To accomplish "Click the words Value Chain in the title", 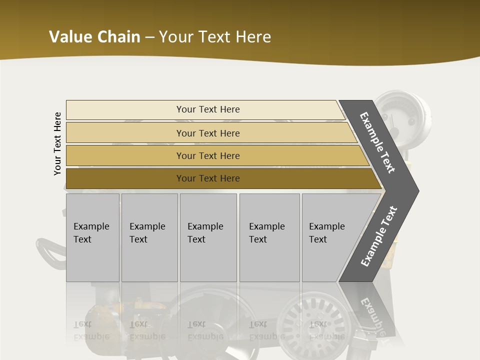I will click(94, 37).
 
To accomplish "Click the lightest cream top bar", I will click(125, 110).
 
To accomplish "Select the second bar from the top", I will click(125, 133).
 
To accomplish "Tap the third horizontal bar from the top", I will click(125, 156).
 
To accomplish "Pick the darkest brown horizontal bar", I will click(125, 178).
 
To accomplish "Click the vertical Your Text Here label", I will click(57, 143).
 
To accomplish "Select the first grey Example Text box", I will click(92, 237).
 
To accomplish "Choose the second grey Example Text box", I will click(149, 237).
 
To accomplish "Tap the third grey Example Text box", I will click(208, 237).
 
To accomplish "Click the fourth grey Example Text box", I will click(269, 237).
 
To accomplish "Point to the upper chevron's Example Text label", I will click(377, 142).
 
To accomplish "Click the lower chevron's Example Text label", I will click(379, 236).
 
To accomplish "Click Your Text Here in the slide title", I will click(215, 37).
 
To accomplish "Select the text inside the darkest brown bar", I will click(208, 178).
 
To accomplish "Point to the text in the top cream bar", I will click(208, 109).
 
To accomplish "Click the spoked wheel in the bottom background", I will click(310, 320).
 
